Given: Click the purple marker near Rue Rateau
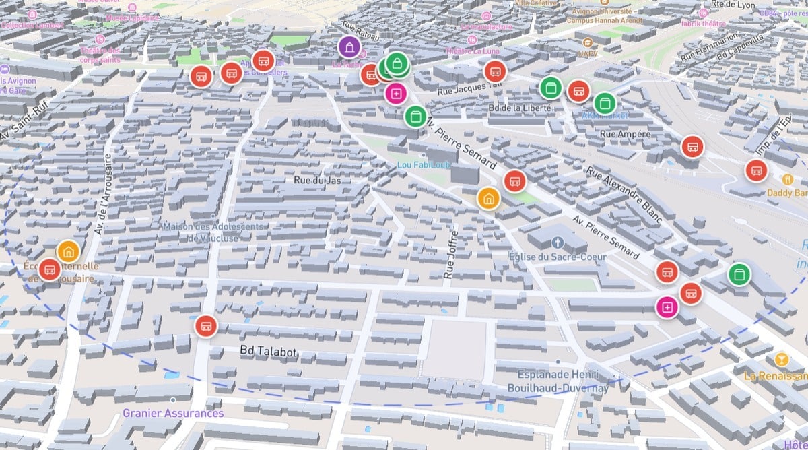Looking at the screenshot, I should (x=349, y=47).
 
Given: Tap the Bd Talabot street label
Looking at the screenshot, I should (x=269, y=351).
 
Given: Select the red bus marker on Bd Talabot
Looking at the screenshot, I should (x=206, y=326).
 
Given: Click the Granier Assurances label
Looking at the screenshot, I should (x=173, y=413).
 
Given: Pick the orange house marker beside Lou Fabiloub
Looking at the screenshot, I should (x=488, y=198).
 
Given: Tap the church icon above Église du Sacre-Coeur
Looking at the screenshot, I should (x=557, y=242).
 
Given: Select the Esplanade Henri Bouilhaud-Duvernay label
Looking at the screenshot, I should (x=563, y=381).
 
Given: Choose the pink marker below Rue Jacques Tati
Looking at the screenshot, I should (x=396, y=93).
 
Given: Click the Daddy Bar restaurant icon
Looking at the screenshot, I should (x=787, y=179).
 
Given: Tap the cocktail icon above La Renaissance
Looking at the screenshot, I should (x=781, y=358).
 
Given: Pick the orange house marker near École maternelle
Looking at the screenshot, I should (x=67, y=251).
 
